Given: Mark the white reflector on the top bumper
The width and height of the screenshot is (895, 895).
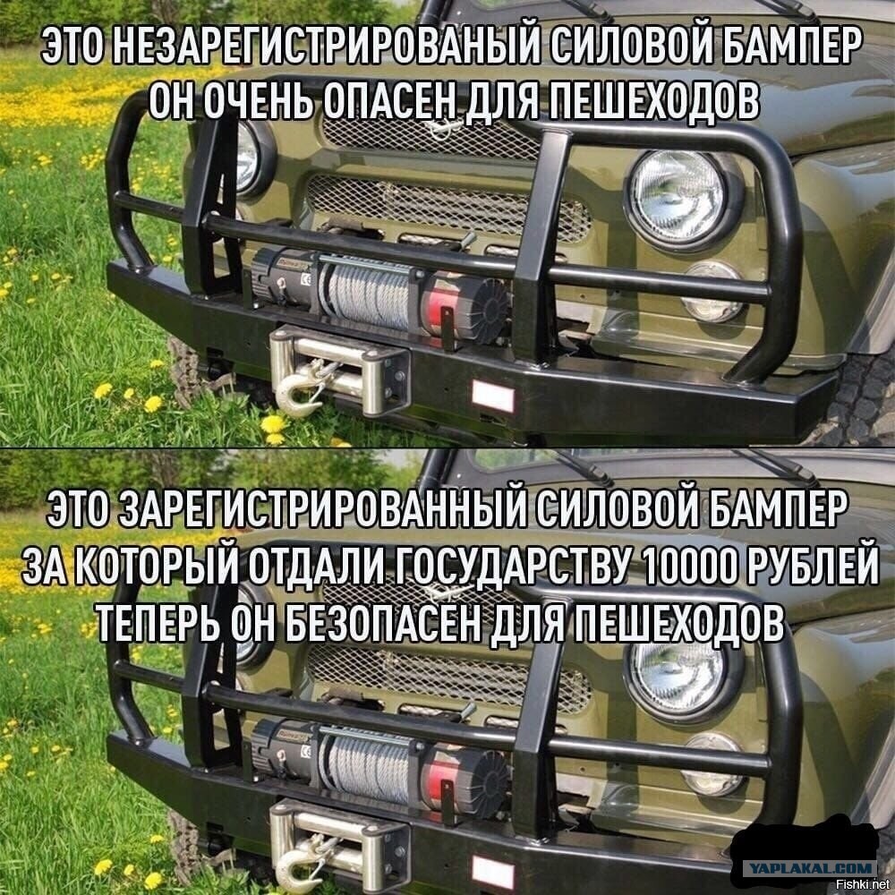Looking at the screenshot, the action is point(492,396).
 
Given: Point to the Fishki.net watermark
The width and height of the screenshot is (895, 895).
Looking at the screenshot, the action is point(864,885).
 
